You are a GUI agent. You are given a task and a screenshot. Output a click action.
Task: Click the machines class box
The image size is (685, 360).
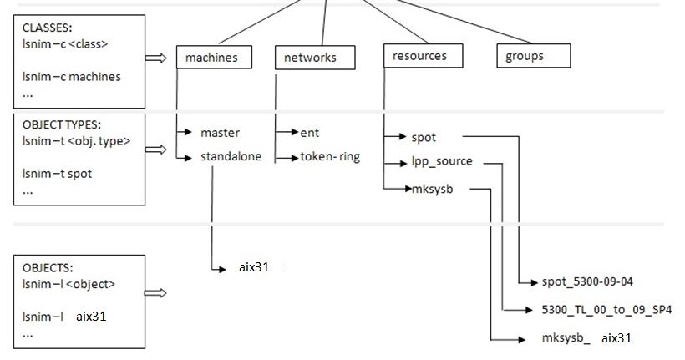[211, 58]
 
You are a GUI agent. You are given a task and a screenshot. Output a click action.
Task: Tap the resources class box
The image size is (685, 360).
[419, 56]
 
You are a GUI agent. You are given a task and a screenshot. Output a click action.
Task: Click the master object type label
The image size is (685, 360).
[220, 133]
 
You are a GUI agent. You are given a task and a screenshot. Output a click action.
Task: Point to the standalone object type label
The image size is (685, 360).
[231, 156]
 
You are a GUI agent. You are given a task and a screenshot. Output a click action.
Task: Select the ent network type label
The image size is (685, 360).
[309, 133]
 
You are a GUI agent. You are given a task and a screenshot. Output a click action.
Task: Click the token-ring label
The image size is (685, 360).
[330, 156]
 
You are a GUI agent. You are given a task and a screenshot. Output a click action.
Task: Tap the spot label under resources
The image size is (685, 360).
[424, 136]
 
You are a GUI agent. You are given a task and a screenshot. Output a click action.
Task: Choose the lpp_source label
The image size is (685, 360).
[442, 161]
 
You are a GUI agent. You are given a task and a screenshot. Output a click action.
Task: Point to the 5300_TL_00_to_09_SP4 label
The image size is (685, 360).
[606, 310]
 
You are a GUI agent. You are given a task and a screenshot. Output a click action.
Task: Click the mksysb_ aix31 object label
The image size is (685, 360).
[586, 338]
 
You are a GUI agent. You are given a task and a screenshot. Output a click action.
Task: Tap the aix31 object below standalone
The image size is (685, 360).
[254, 268]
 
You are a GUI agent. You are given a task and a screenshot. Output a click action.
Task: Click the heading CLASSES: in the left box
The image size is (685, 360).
[47, 27]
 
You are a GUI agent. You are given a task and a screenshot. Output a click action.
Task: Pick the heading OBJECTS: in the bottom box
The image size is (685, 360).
[48, 269]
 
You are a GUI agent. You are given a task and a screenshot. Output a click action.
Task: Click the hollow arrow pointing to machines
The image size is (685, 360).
[156, 58]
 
